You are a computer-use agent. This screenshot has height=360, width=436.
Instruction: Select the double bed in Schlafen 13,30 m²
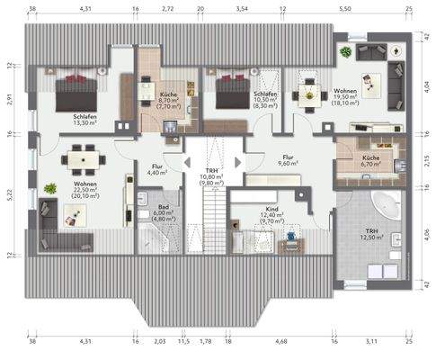tap(76, 91)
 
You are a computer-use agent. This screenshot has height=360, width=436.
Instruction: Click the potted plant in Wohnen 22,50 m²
tap(48, 190)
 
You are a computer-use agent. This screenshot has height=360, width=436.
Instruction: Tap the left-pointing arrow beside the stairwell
tap(187, 162)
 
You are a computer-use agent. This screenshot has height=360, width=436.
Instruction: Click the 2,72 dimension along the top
tap(167, 9)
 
